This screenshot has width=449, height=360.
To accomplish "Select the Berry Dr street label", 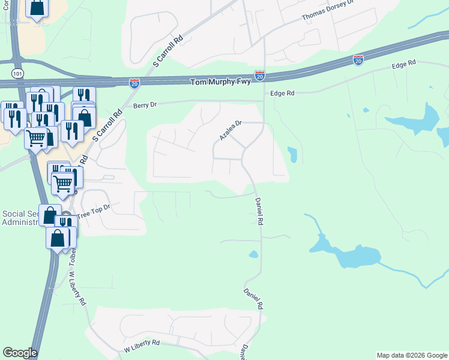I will tap(145, 104).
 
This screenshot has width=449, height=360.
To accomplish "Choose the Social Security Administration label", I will tap(20, 218).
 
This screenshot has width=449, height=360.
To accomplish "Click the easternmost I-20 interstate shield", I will tap(358, 60).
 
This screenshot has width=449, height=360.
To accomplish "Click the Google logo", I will tap(19, 353).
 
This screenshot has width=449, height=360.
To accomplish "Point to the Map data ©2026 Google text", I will tap(412, 355).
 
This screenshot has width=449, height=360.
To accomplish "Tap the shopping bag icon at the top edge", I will tap(37, 8).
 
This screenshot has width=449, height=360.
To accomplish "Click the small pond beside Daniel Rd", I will tap(253, 254).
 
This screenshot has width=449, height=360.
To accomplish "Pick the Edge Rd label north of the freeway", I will tap(403, 64).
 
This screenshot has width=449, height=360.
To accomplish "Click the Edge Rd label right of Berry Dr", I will tap(282, 94).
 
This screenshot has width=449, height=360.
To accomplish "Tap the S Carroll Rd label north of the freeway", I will tap(167, 51).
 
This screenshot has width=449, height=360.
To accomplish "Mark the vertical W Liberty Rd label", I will tap(76, 289).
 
